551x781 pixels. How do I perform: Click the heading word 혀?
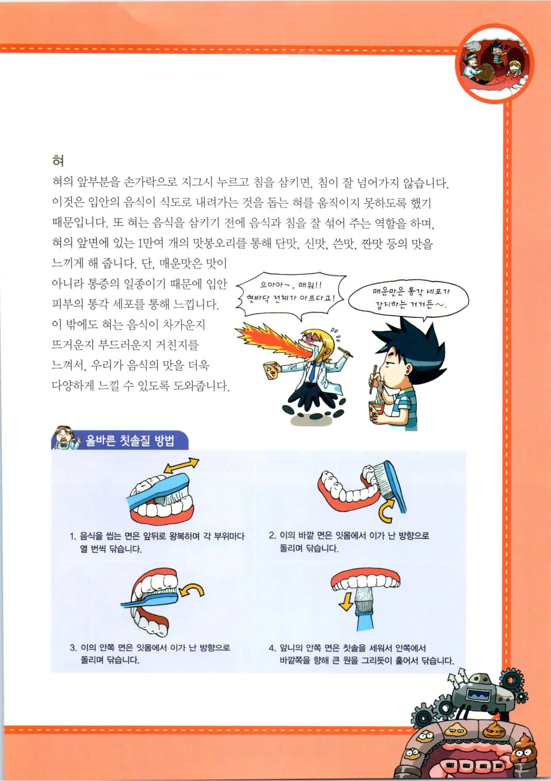tap(58, 161)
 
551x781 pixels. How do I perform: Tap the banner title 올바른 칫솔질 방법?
tap(130, 440)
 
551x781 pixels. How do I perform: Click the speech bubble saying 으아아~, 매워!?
tap(291, 292)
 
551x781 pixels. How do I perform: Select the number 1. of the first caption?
tap(73, 536)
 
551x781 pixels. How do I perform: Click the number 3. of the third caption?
tap(73, 648)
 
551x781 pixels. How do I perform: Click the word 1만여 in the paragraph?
tap(150, 243)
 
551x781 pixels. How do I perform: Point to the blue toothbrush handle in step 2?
tap(399, 490)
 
